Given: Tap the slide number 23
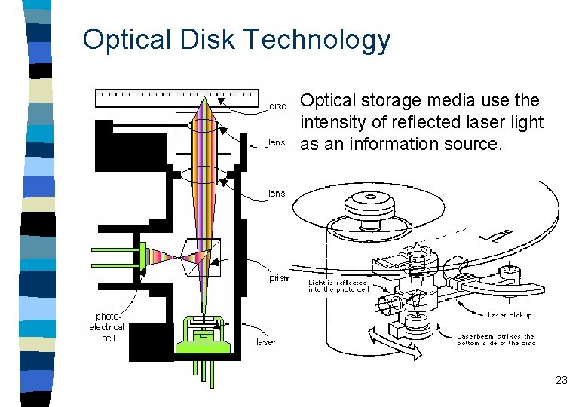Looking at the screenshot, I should tap(561, 380).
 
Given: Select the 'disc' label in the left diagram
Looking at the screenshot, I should tap(277, 106).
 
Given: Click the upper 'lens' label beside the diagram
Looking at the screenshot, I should tap(277, 142).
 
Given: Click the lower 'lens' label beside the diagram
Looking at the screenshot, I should tap(277, 194).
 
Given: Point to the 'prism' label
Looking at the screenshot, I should tap(278, 278).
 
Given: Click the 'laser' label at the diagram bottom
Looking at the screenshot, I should tap(266, 341).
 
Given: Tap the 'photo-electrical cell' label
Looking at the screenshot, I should tap(108, 327).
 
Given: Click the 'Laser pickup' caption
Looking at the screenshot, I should tap(510, 315).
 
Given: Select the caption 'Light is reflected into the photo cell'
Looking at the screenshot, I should tap(338, 286).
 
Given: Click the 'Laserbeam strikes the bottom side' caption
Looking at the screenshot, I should tap(495, 340).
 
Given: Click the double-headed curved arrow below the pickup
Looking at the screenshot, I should tap(393, 346).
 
